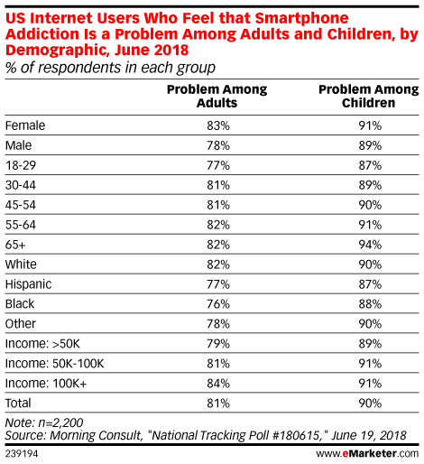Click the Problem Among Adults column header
pyautogui.click(x=217, y=96)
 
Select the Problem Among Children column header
pyautogui.click(x=369, y=96)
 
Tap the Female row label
pyautogui.click(x=25, y=125)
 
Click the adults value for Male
pyautogui.click(x=218, y=145)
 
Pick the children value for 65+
pyautogui.click(x=370, y=245)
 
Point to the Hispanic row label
pyautogui.click(x=29, y=284)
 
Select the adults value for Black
pyautogui.click(x=218, y=304)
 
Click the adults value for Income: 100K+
pyautogui.click(x=218, y=384)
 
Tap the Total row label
pyautogui.click(x=18, y=404)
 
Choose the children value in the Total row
pyautogui.click(x=370, y=404)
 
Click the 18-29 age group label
pyautogui.click(x=21, y=165)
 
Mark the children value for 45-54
pyautogui.click(x=370, y=205)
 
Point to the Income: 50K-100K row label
pyautogui.click(x=55, y=364)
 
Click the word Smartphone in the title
pyautogui.click(x=301, y=18)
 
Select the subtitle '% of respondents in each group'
pyautogui.click(x=110, y=68)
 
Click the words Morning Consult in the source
pyautogui.click(x=96, y=435)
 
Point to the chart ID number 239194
pyautogui.click(x=22, y=453)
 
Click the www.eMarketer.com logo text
pyautogui.click(x=367, y=453)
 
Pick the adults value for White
pyautogui.click(x=218, y=264)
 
